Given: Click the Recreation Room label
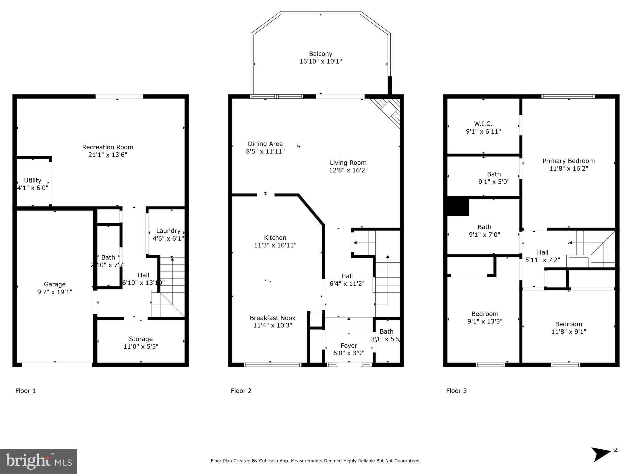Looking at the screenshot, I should click(x=108, y=147).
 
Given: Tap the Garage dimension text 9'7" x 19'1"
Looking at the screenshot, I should click(x=55, y=292).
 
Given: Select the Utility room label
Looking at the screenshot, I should click(x=33, y=180).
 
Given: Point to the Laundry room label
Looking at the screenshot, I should click(x=168, y=231).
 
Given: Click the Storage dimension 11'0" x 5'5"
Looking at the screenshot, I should click(x=141, y=347).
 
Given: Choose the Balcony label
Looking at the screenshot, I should click(x=321, y=54).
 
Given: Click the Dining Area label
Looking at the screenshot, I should click(x=265, y=144).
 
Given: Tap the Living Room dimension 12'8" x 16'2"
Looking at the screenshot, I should click(x=348, y=170).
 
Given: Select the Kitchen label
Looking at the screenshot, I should click(x=275, y=238).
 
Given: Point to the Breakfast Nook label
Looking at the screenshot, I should click(x=272, y=318).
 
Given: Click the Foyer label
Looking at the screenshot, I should click(x=349, y=346).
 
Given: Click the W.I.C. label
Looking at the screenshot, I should click(x=483, y=124).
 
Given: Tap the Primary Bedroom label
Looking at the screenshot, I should click(x=568, y=161).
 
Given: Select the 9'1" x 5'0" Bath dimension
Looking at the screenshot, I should click(x=494, y=182).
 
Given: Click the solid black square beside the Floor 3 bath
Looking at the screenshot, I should click(x=458, y=206).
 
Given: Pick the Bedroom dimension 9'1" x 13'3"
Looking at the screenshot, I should click(x=485, y=321).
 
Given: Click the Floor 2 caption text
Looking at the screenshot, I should click(x=241, y=391).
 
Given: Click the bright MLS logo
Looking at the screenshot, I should click(x=39, y=461).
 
